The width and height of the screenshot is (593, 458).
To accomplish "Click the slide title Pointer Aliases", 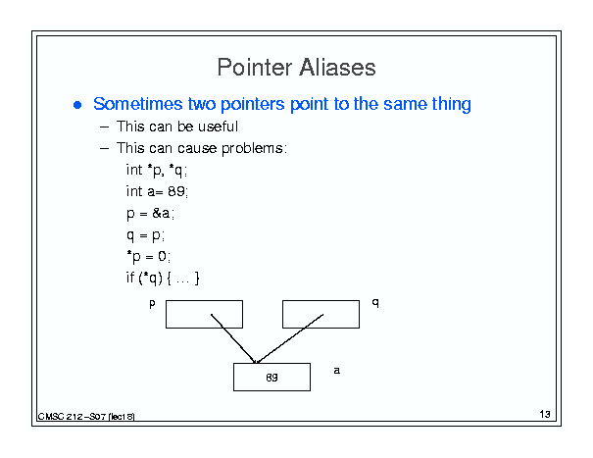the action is [x=296, y=68].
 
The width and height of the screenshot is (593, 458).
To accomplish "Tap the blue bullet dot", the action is [x=77, y=105].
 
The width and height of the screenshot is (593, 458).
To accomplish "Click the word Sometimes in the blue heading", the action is [x=138, y=104].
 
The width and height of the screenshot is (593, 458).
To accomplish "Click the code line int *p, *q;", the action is [x=157, y=171].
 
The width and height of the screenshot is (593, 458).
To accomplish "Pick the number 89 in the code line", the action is [x=176, y=191].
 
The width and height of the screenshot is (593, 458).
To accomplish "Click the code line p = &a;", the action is [x=151, y=214].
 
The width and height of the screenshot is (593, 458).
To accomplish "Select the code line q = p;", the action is [x=145, y=235].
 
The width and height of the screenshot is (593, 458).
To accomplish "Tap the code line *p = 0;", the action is [x=149, y=257].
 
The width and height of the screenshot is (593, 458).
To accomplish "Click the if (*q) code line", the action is [x=163, y=279].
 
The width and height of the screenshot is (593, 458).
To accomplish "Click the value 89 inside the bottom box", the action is [x=272, y=378].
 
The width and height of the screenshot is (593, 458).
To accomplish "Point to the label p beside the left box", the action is [x=152, y=304].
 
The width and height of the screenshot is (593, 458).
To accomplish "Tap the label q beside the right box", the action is [x=375, y=302].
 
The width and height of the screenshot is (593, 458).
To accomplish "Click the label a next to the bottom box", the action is [x=336, y=370].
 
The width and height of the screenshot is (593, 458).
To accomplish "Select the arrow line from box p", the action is [x=233, y=338].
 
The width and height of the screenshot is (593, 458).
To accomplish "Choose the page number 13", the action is [x=545, y=414].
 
